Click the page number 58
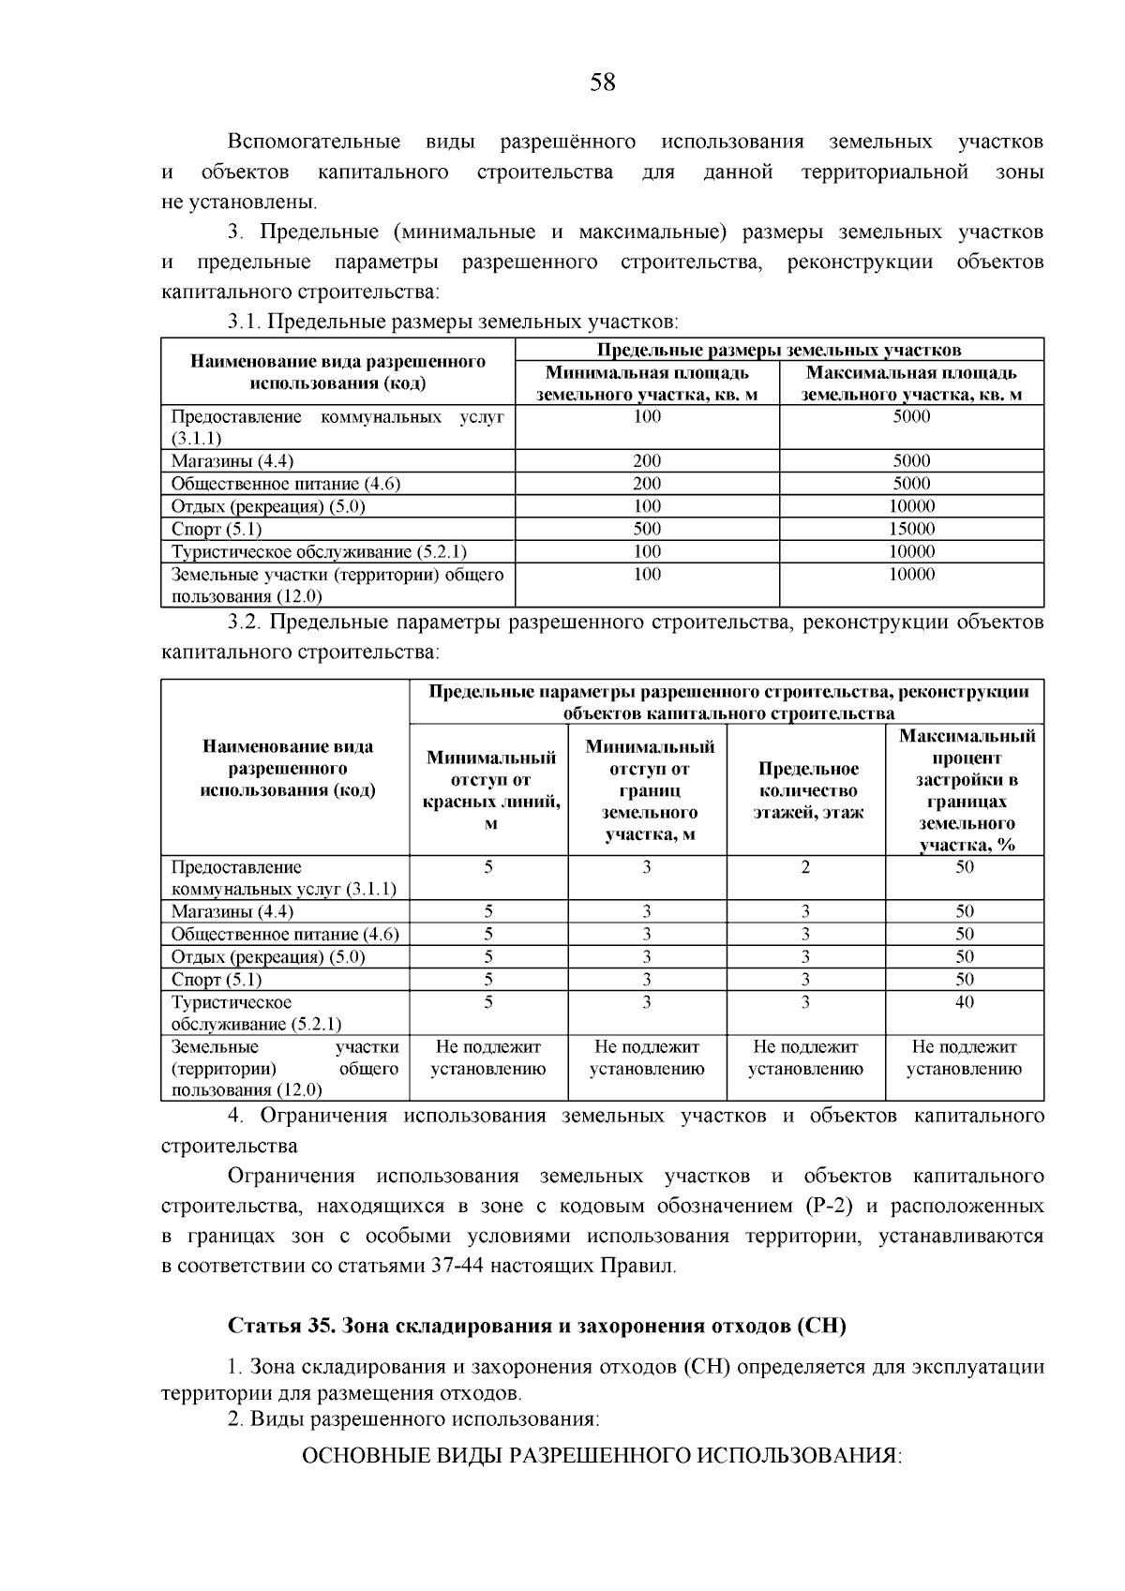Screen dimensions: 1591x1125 (603, 83)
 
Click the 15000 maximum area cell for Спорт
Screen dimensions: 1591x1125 (911, 529)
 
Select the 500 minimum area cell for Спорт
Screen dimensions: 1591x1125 (647, 529)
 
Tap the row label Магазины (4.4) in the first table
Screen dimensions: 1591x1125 (232, 461)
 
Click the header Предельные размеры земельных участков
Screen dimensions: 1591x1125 (779, 350)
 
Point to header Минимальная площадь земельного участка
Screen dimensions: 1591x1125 (647, 383)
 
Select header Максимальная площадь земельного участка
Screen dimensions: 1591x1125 (911, 383)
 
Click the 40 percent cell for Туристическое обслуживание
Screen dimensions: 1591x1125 (965, 1002)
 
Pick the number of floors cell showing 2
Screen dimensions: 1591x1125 (805, 867)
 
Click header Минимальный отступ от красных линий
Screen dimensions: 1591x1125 (489, 790)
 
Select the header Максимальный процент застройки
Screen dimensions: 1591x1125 (966, 790)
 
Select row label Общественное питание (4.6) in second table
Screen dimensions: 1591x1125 (285, 935)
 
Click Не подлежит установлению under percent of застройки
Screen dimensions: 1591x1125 (965, 1058)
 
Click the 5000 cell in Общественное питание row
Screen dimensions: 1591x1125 (911, 484)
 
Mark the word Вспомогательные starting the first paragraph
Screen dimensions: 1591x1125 (314, 142)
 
